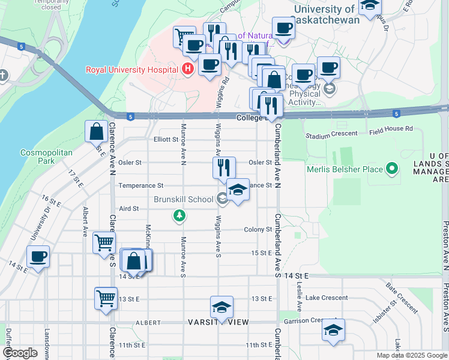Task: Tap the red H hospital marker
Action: (188, 70)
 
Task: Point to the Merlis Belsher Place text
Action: (345, 169)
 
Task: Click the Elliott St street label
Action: (166, 139)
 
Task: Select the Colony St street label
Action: (258, 229)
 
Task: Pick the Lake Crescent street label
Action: (326, 298)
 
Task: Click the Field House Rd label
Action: (391, 128)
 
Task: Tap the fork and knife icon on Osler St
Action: (224, 167)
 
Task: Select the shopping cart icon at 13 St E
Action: (106, 298)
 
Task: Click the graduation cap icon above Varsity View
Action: (221, 308)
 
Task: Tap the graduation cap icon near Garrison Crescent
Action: (333, 330)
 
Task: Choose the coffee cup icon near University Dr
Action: (38, 257)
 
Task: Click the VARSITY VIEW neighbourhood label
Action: (221, 322)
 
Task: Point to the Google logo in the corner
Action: (20, 353)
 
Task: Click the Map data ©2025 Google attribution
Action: (411, 355)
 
